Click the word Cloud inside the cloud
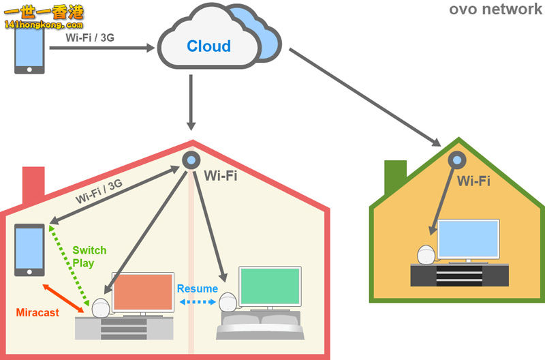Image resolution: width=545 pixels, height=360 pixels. pos(209,46)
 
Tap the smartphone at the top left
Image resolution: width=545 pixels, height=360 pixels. pos(29,49)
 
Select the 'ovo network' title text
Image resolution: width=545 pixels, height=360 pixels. pos(495,10)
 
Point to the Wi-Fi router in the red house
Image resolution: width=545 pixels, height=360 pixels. pos(190,160)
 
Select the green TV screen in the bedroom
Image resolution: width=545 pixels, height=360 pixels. pos(270,286)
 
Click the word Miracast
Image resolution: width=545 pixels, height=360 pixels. pos(37,312)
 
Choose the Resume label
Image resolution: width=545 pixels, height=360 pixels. pos(198,288)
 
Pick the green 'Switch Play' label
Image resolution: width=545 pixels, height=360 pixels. pos(89,256)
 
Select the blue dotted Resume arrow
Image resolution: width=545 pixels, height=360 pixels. pos(198,301)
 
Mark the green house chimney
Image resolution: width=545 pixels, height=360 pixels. pos(395,177)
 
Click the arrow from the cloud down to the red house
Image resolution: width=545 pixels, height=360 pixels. pos(191,102)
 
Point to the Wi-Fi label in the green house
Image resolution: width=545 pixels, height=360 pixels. pos(473,181)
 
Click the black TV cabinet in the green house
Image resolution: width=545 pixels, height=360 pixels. pos(460,275)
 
